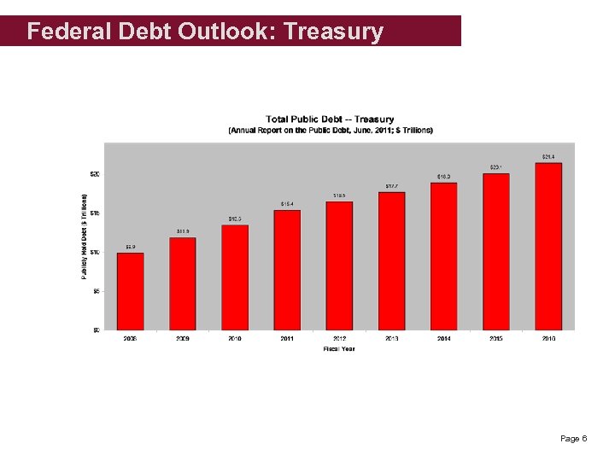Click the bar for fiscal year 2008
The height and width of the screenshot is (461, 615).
[x=130, y=291]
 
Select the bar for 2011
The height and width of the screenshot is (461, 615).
[x=287, y=270]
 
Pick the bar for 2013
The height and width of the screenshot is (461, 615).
[x=391, y=260]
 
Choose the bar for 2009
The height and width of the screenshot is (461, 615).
[x=183, y=283]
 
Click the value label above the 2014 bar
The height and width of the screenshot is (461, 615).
[x=444, y=177]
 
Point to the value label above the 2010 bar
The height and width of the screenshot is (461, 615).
[x=235, y=219]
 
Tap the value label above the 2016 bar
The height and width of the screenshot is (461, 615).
[x=548, y=157]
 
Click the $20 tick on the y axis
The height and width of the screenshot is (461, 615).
[x=95, y=174]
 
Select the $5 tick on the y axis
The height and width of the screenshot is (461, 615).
[x=96, y=291]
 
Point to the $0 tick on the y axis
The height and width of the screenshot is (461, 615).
[x=96, y=330]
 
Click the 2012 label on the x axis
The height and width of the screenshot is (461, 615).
[x=339, y=339]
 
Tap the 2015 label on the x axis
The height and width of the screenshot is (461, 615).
[x=496, y=339]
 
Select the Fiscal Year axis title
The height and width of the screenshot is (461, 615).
[x=339, y=348]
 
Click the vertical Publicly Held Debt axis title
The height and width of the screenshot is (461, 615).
[x=84, y=236]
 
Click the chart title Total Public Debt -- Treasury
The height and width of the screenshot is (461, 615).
[x=330, y=120]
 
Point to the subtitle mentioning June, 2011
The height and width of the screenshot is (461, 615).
[x=330, y=130]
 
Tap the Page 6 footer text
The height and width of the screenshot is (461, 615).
[x=573, y=439]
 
